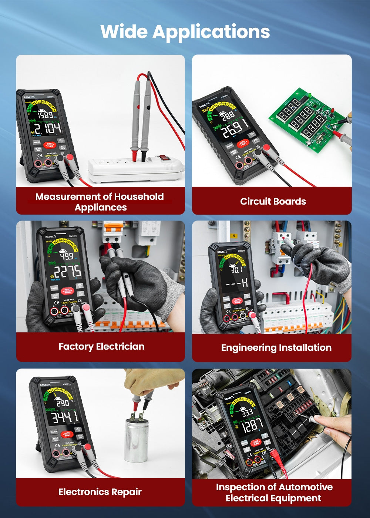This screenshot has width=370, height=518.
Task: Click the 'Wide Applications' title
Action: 185,31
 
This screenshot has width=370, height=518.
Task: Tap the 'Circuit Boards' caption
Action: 273,201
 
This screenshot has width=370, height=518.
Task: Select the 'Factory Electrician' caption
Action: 101,347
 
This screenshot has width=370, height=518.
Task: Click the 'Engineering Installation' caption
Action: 276,348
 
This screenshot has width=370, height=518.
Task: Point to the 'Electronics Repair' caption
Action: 100,492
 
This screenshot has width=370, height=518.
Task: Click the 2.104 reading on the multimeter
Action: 47,129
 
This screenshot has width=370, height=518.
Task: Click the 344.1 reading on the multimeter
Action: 64,417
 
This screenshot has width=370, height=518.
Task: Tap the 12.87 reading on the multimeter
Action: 252,425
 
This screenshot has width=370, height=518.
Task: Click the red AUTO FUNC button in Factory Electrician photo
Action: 67,291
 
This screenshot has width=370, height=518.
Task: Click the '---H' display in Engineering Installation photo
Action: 236,284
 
